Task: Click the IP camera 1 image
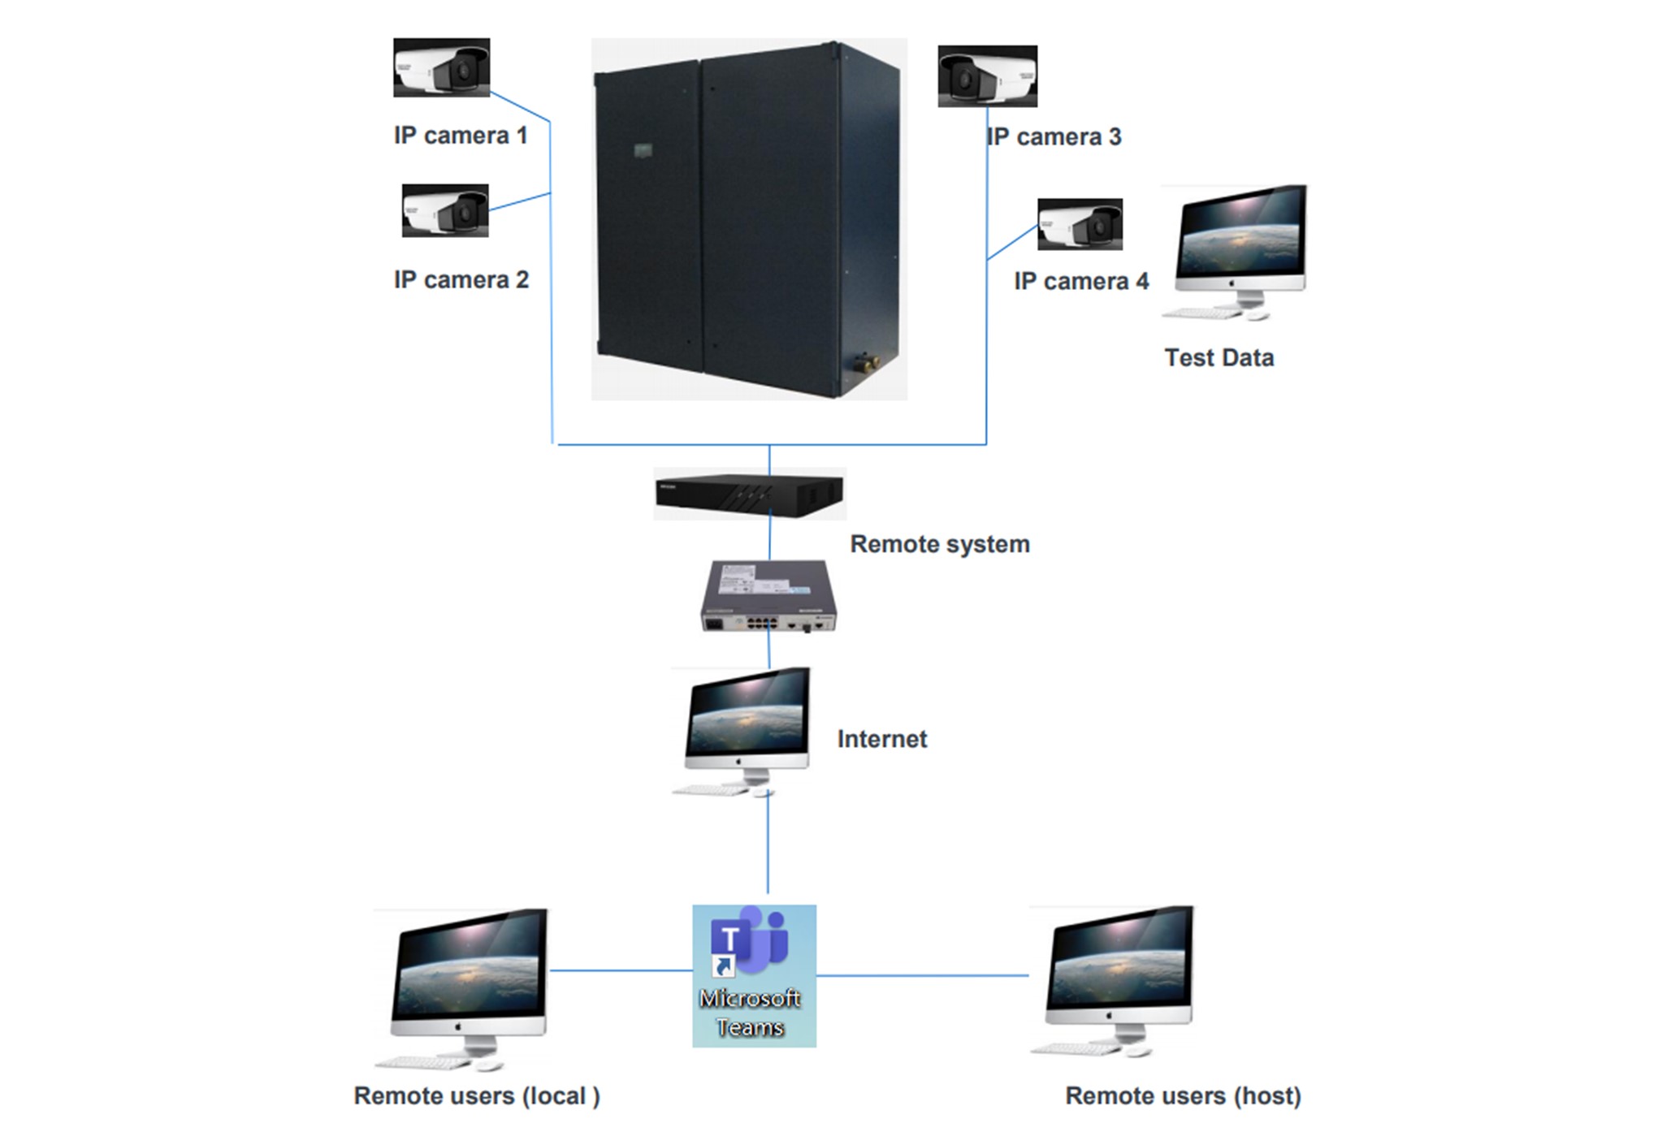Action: pyautogui.click(x=441, y=67)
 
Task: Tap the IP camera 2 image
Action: pyautogui.click(x=445, y=210)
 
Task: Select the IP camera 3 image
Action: pyautogui.click(x=987, y=76)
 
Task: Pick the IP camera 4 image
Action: pyautogui.click(x=1080, y=224)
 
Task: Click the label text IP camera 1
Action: pyautogui.click(x=461, y=136)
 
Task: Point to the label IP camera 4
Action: pyautogui.click(x=1081, y=282)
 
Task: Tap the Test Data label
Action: pyautogui.click(x=1219, y=358)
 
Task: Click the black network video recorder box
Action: pyautogui.click(x=749, y=494)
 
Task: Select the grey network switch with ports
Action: pyautogui.click(x=768, y=596)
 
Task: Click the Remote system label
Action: pyautogui.click(x=939, y=544)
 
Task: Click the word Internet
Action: pyautogui.click(x=881, y=739)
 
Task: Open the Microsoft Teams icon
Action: pyautogui.click(x=754, y=975)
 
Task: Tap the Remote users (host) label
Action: pyautogui.click(x=1183, y=1096)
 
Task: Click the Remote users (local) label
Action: pyautogui.click(x=477, y=1096)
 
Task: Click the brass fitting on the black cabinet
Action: pyautogui.click(x=863, y=359)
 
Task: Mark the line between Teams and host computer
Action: pyautogui.click(x=922, y=975)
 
